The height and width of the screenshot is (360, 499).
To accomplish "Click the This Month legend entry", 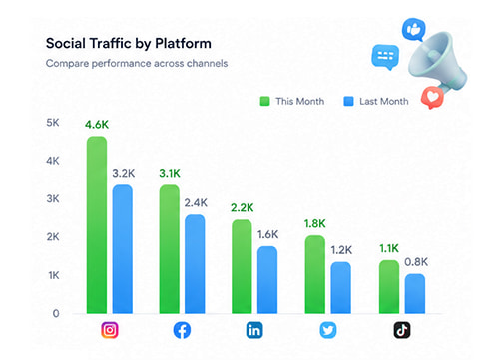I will click(291, 101).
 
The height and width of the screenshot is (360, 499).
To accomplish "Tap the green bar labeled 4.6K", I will click(97, 224).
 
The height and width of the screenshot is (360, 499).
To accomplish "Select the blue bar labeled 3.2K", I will click(122, 249).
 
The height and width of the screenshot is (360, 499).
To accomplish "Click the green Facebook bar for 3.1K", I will click(169, 249).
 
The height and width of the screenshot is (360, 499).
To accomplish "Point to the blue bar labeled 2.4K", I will click(195, 264).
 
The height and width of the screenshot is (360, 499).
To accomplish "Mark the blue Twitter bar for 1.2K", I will click(339, 288).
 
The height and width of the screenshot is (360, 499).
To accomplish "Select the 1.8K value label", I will click(314, 223).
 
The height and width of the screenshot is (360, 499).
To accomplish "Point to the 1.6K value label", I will click(268, 234).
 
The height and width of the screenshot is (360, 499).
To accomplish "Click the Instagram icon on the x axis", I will click(110, 330).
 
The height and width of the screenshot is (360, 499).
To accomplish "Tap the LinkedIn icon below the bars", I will click(255, 330).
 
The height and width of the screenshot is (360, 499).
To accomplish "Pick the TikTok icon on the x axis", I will click(401, 330).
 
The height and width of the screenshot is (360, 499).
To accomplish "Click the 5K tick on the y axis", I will click(53, 122).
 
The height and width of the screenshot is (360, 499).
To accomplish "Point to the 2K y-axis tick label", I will click(53, 237).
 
